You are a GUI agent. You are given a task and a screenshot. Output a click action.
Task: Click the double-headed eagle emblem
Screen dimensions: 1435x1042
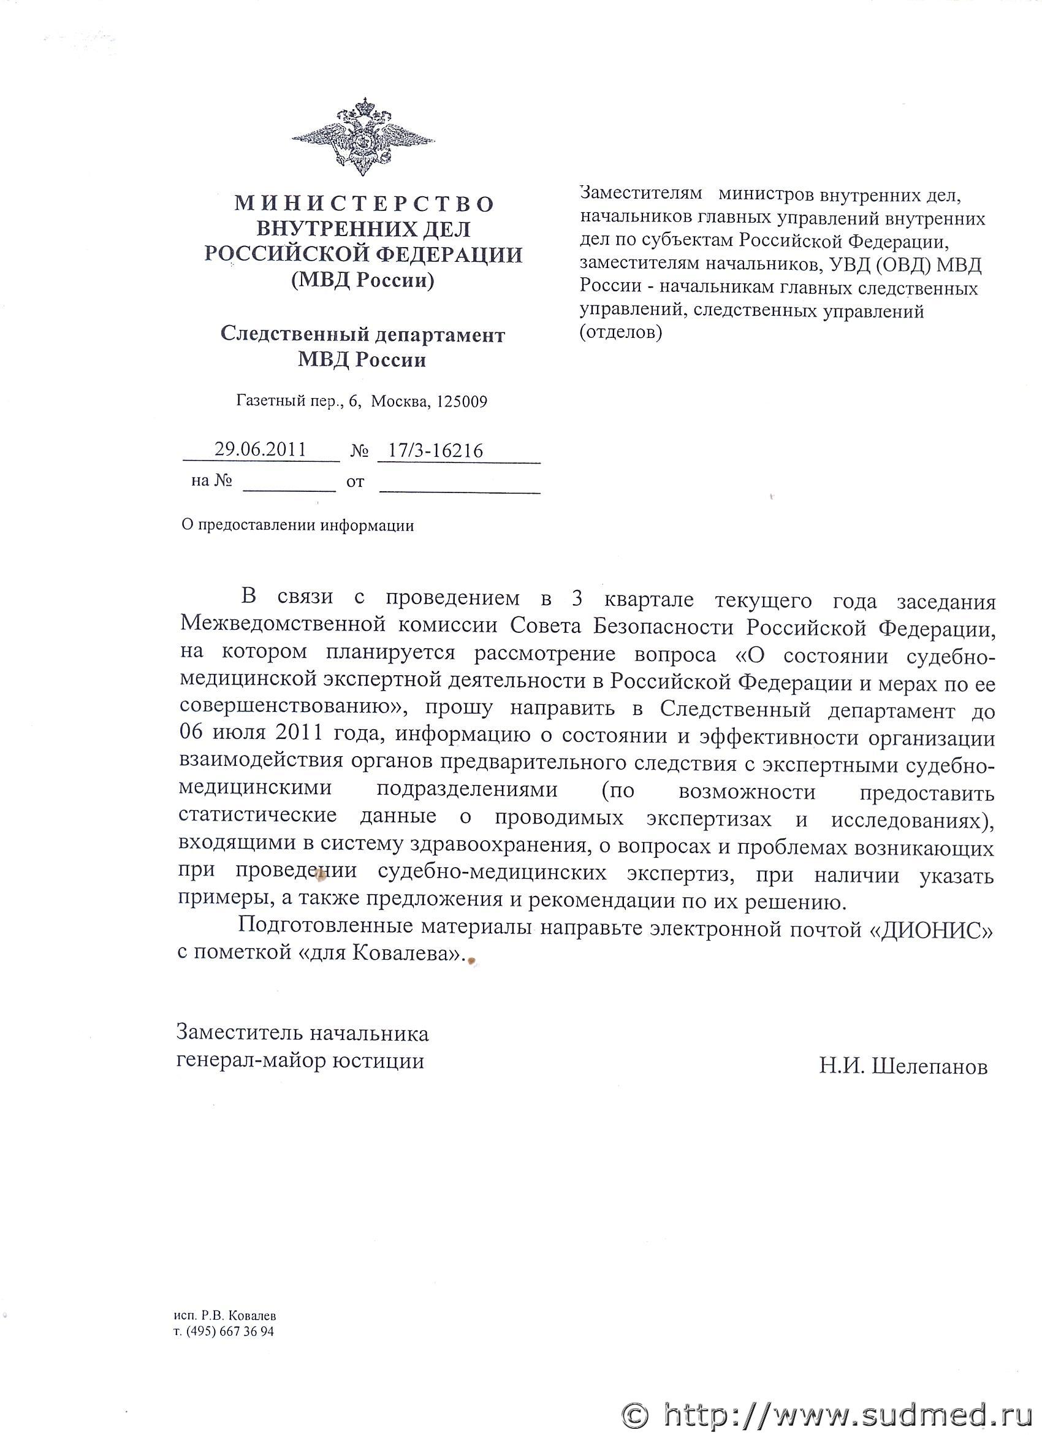pyautogui.click(x=363, y=137)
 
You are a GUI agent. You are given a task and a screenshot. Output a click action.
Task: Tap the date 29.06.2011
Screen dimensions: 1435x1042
pyautogui.click(x=260, y=450)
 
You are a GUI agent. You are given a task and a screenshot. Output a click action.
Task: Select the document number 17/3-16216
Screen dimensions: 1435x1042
pyautogui.click(x=436, y=451)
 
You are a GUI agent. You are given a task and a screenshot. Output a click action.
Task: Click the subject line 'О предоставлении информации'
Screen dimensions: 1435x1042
pyautogui.click(x=298, y=525)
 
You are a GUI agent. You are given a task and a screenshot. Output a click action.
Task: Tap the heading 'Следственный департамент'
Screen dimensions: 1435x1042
pyautogui.click(x=362, y=334)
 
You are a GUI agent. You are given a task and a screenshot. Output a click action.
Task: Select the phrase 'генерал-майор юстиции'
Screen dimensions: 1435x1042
pyautogui.click(x=300, y=1060)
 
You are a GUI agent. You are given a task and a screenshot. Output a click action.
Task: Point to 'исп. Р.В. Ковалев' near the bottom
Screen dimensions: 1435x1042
pyautogui.click(x=225, y=1315)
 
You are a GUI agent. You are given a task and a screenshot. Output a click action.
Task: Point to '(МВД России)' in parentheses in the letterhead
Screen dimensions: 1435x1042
pyautogui.click(x=362, y=280)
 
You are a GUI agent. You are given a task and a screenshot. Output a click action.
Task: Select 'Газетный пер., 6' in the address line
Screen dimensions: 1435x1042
pyautogui.click(x=297, y=401)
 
